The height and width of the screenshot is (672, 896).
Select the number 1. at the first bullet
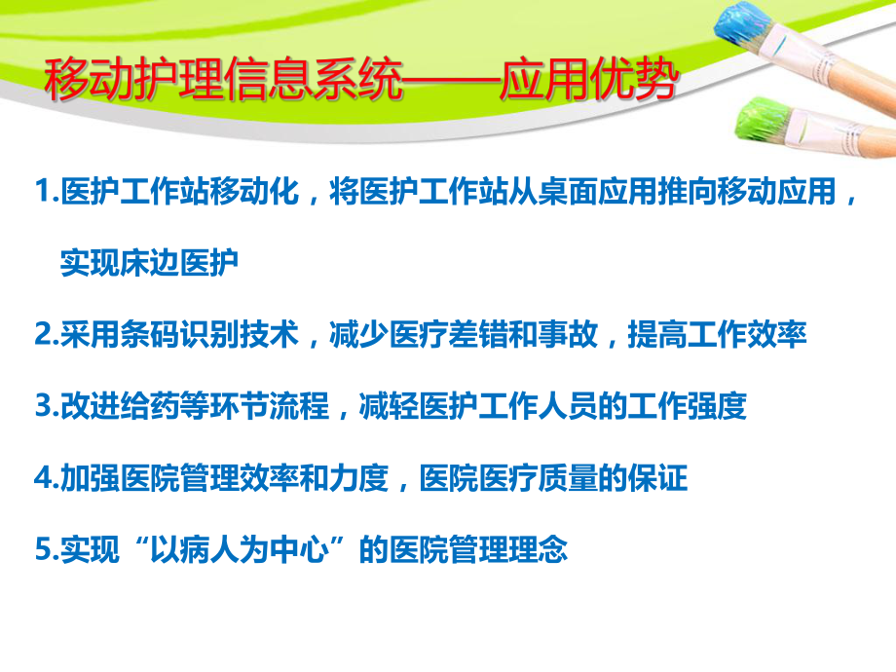coord(47,193)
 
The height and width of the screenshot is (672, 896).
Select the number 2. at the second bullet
coord(47,335)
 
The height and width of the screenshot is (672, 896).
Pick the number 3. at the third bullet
coord(47,406)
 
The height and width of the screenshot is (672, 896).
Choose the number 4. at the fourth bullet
coord(47,478)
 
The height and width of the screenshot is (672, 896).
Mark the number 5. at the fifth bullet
coord(47,549)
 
